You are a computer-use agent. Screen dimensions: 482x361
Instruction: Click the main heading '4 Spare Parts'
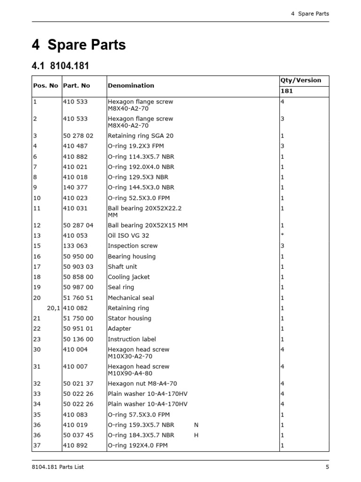78,45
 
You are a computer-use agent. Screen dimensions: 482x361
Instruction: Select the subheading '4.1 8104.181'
60,66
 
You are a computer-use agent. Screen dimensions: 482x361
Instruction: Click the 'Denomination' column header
131,86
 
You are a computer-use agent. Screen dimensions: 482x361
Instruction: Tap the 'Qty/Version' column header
301,80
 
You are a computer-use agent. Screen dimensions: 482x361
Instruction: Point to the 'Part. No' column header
76,86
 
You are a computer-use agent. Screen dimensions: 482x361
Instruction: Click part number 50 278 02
78,136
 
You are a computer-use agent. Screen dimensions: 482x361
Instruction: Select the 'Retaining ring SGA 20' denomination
141,136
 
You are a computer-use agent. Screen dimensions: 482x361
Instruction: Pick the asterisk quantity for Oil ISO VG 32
282,236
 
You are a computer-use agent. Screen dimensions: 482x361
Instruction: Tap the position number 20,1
54,308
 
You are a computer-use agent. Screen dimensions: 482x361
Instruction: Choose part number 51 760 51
78,298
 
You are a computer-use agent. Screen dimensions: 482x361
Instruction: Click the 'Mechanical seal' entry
131,298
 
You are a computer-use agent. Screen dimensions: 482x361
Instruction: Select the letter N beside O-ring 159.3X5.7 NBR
196,425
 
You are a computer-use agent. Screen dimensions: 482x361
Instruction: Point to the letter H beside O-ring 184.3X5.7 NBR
196,435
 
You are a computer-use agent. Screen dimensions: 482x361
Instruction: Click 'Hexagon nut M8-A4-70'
142,384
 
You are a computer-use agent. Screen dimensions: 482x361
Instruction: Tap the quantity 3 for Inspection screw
282,246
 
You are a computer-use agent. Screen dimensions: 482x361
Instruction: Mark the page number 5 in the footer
327,467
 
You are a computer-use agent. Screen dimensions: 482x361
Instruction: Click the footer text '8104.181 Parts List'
58,467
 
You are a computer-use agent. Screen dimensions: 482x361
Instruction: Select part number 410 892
75,445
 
